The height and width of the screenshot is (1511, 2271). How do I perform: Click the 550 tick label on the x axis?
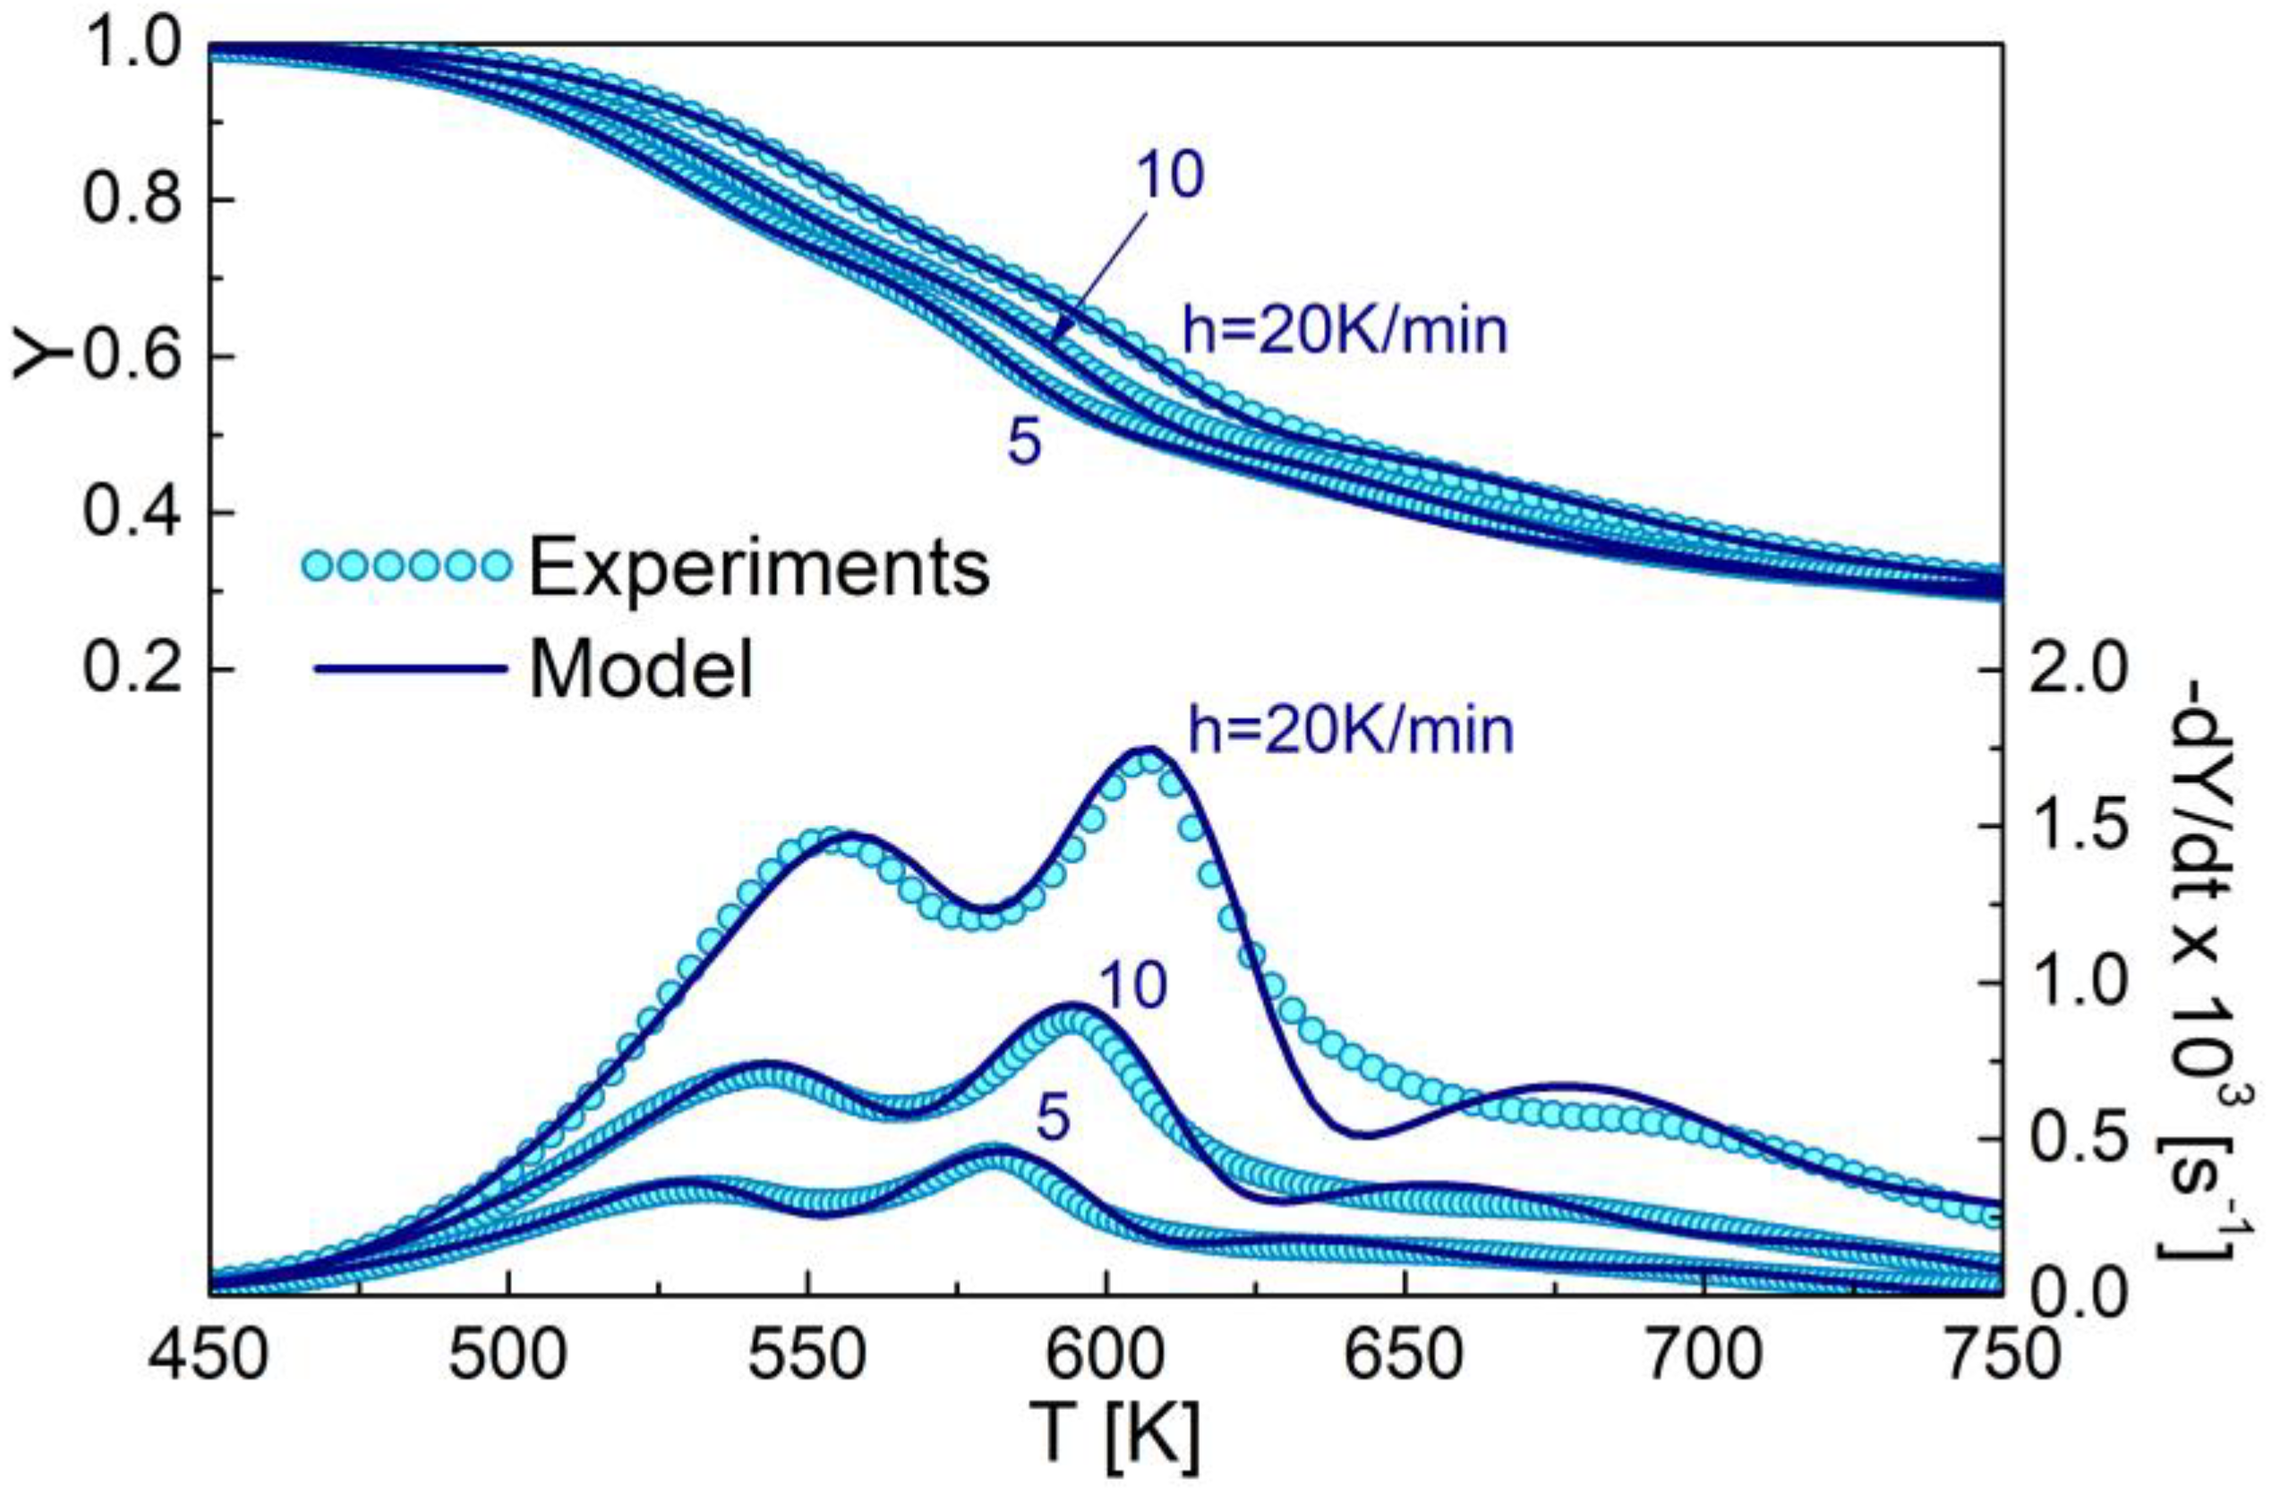(807, 1357)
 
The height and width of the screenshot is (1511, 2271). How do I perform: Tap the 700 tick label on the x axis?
(1704, 1357)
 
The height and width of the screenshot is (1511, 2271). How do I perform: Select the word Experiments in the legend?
(760, 569)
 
